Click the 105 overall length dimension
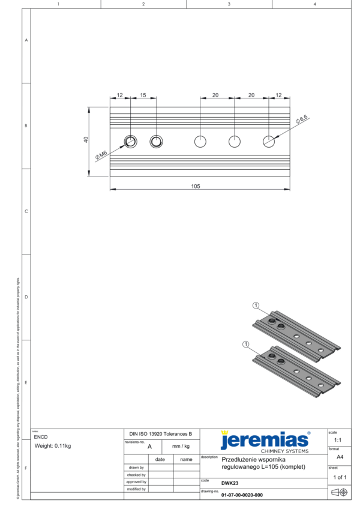(195, 186)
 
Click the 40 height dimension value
(86, 140)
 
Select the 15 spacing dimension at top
(143, 95)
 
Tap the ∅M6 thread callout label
(101, 155)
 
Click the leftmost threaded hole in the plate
(130, 141)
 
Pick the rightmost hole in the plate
(269, 141)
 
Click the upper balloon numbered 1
(256, 306)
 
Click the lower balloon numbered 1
(245, 345)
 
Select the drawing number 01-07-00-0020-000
(242, 495)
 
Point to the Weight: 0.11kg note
(53, 446)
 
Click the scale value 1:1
(338, 440)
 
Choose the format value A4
(340, 457)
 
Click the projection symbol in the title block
(340, 492)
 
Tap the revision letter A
(149, 447)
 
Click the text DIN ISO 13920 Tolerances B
(161, 433)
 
